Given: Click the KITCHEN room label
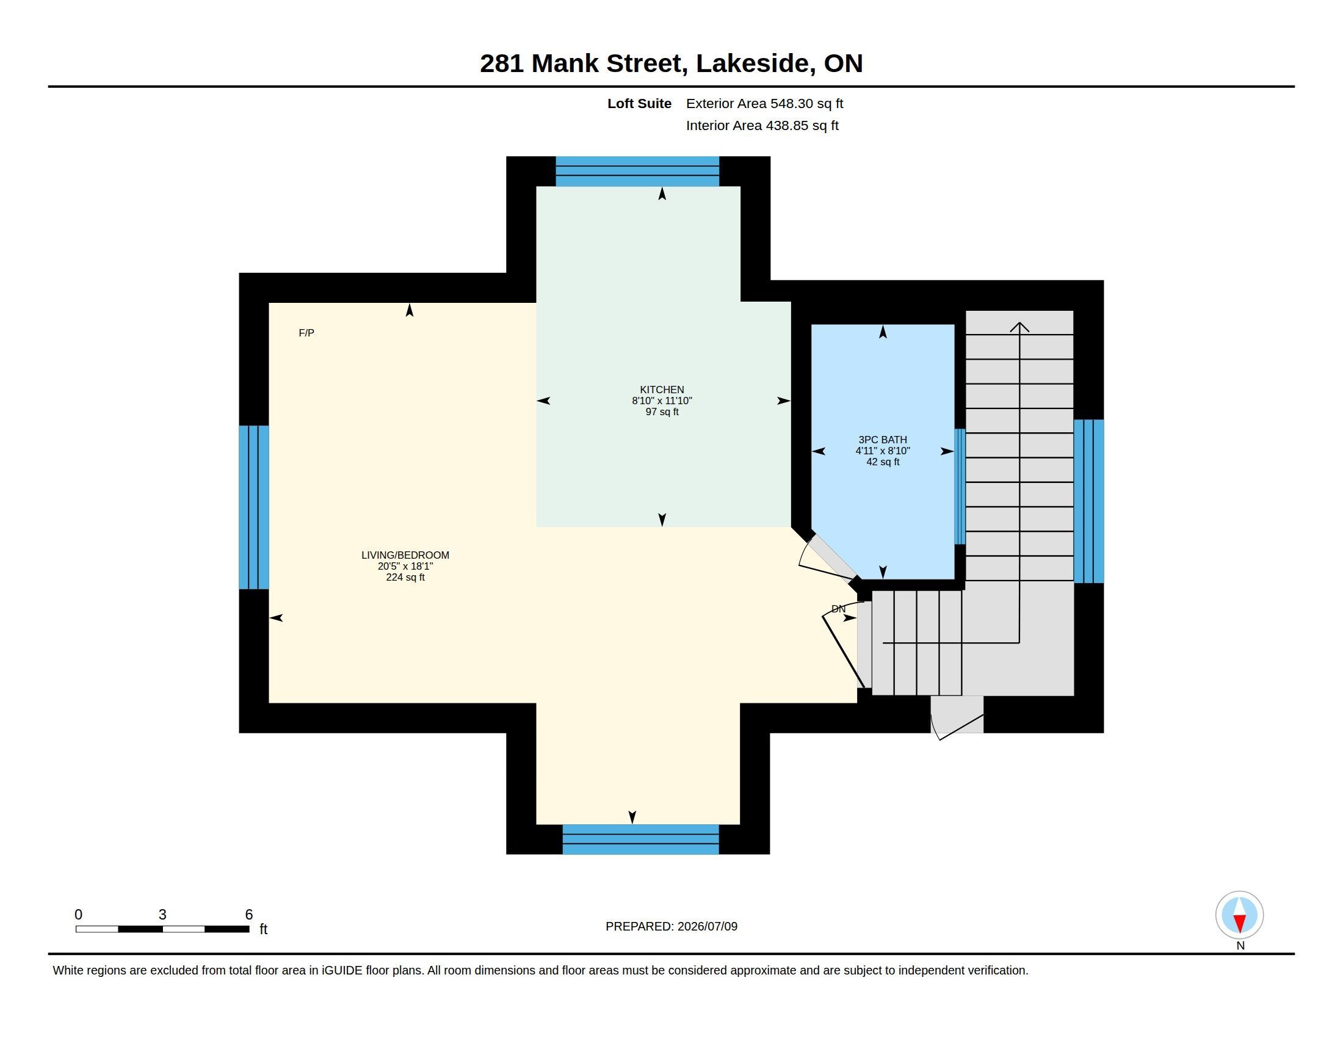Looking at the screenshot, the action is click(662, 390).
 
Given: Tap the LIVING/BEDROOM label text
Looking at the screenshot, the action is click(405, 554).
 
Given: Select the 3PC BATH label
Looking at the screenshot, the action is click(883, 440).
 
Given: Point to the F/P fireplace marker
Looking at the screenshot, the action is click(306, 333).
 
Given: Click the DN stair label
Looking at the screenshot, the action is click(838, 609).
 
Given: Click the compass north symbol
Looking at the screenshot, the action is click(1239, 915).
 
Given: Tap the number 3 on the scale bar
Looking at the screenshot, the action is click(162, 915).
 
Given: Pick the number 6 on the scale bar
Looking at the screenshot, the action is click(249, 915).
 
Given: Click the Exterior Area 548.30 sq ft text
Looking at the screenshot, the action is click(764, 103).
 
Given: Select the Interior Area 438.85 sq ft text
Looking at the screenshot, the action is click(762, 125).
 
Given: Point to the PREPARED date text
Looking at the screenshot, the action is click(671, 926).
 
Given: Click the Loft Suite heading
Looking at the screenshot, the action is click(639, 103).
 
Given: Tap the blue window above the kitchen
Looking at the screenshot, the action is click(637, 171).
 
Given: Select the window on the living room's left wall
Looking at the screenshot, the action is click(254, 507).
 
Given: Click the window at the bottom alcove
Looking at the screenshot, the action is click(640, 840).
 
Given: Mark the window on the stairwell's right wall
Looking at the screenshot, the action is click(1088, 501).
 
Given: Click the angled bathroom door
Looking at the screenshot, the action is click(833, 557).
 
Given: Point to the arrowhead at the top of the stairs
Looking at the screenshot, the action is click(1019, 327).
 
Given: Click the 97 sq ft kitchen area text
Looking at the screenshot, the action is click(662, 412).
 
